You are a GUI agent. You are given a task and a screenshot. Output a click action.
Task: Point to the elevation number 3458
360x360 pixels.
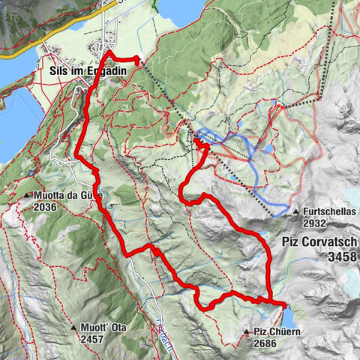point(341,256)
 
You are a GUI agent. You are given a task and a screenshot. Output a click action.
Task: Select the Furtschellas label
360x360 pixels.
point(331,212)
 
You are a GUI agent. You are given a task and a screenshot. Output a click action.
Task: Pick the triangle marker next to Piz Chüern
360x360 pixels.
point(247,331)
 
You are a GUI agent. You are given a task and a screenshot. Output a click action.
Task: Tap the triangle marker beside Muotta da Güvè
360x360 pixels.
point(27,196)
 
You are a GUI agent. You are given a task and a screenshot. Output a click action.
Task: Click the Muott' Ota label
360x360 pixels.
point(105,328)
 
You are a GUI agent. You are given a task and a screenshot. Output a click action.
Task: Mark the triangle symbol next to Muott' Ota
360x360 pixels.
point(74,328)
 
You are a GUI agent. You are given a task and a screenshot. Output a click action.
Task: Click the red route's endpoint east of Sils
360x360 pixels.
point(138,59)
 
